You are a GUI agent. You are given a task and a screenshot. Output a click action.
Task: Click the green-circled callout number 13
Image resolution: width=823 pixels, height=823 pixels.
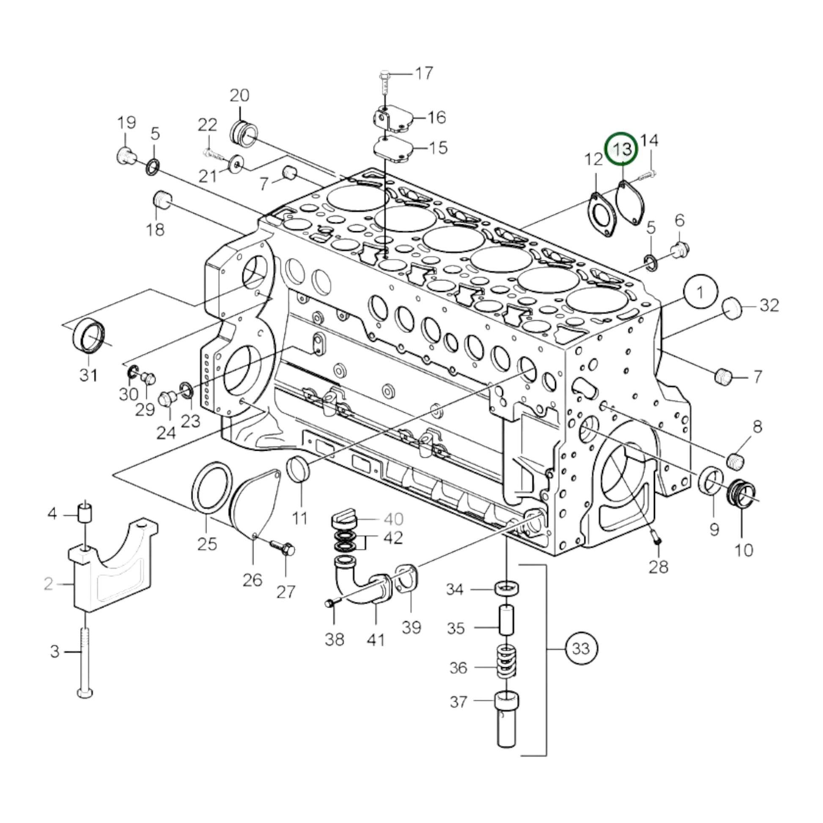click(622, 149)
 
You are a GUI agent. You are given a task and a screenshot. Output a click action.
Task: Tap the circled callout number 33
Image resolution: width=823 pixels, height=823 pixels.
click(581, 649)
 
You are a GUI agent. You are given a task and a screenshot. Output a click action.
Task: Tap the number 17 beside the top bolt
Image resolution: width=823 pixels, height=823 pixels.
click(423, 73)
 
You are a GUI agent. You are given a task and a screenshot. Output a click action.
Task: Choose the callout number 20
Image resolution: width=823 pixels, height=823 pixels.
click(239, 96)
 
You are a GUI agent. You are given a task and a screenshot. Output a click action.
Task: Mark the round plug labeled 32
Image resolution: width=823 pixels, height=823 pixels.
click(732, 308)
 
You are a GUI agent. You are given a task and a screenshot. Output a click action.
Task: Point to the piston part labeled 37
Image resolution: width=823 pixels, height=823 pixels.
click(506, 724)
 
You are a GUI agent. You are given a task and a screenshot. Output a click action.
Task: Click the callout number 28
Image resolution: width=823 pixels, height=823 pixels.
click(658, 567)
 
